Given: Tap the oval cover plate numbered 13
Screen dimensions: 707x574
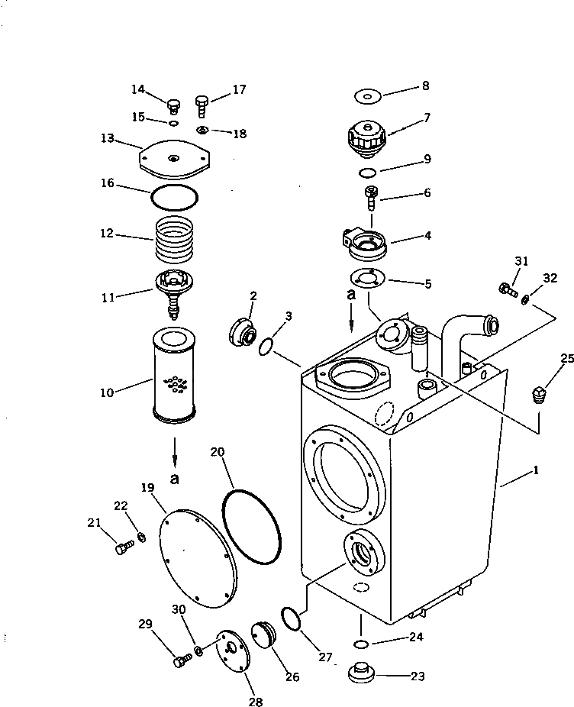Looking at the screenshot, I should point(174,160).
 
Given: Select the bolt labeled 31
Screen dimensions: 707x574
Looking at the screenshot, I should point(506,289).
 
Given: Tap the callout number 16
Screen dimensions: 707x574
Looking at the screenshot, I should point(108,183).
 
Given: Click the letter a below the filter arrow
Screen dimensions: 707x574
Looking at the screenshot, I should point(175,479).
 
